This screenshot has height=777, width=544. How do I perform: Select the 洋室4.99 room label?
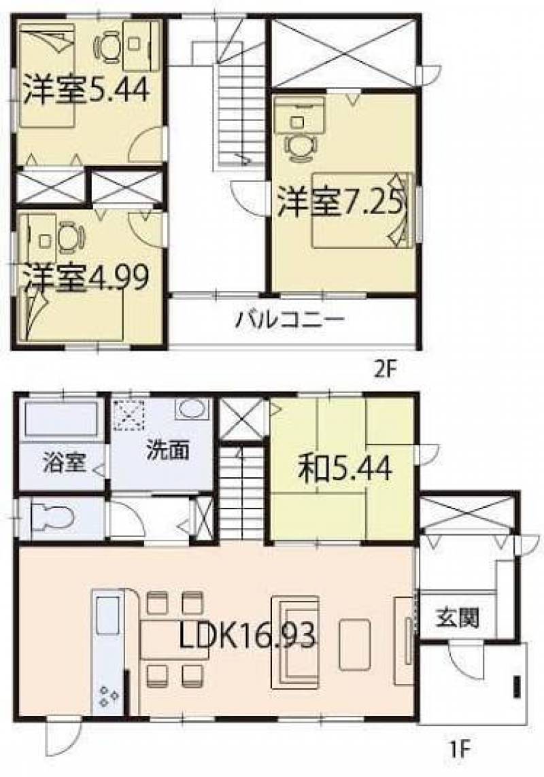click(84, 279)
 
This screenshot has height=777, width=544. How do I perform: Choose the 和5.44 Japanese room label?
click(345, 468)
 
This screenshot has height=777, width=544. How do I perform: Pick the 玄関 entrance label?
click(458, 617)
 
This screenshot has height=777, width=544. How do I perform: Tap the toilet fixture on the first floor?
click(52, 519)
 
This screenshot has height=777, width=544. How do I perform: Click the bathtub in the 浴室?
click(61, 419)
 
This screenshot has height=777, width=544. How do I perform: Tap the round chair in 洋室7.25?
click(299, 147)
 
